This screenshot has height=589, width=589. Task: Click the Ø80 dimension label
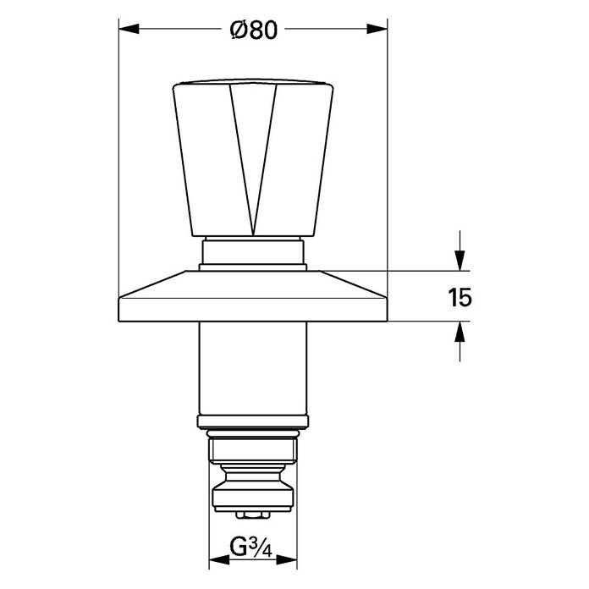(254, 30)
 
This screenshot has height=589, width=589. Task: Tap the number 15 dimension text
(460, 298)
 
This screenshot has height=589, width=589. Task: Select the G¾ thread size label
(250, 548)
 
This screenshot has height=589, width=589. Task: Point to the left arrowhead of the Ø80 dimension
(129, 29)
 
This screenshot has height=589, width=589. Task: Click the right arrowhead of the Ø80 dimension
(377, 29)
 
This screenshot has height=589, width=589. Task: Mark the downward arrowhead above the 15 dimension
(460, 261)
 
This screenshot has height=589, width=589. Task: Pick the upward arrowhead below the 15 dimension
(460, 332)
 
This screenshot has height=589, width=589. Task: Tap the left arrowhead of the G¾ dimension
(219, 560)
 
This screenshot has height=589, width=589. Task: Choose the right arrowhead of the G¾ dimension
(287, 560)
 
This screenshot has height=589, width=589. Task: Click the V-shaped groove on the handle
(254, 157)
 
